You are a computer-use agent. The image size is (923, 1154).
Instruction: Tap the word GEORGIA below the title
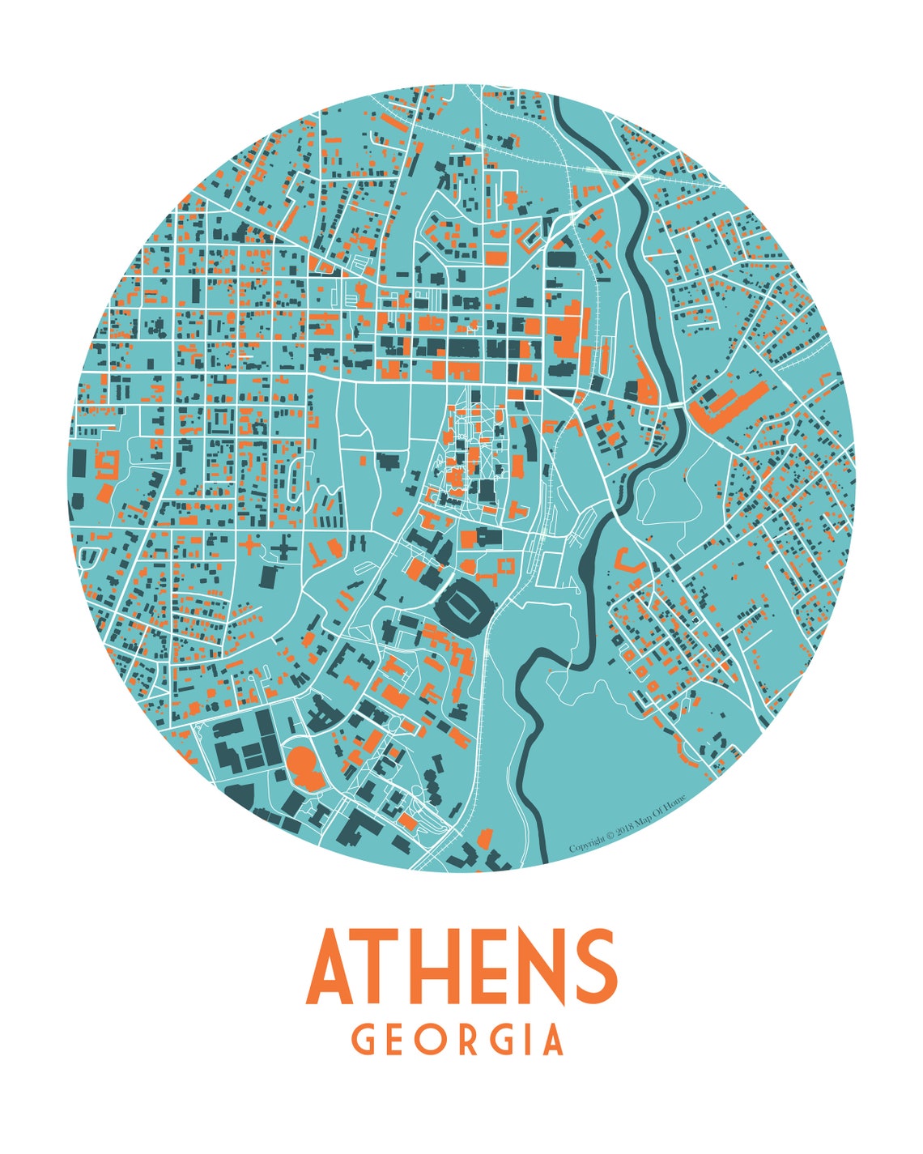[458, 1040]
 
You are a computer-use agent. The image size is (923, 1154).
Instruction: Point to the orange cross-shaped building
[249, 547]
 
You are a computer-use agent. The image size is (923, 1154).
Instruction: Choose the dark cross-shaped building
[285, 551]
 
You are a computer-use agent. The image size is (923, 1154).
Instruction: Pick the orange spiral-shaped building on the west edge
[106, 462]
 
